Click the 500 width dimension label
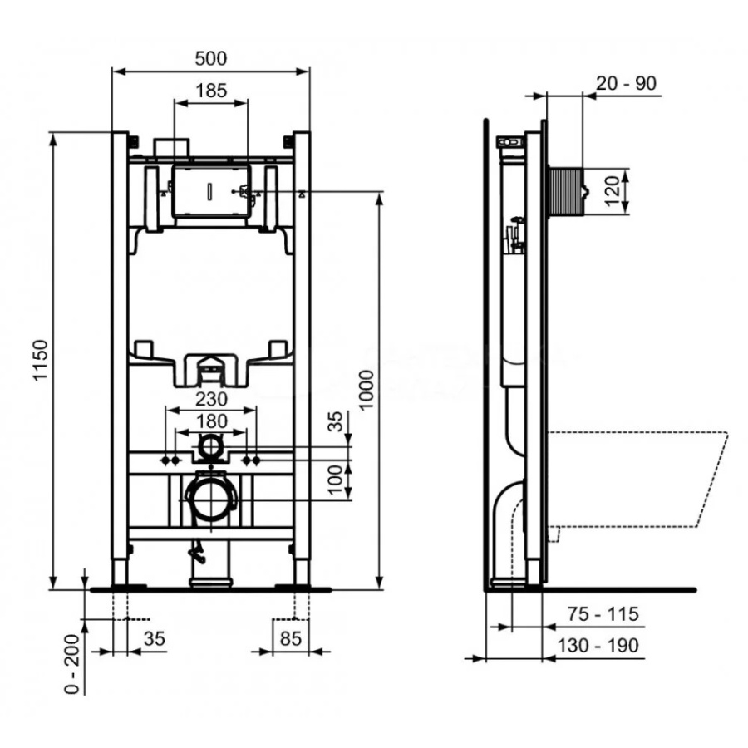[x=211, y=58]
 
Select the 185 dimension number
[x=211, y=91]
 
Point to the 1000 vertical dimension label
[x=367, y=389]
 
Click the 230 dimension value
[x=212, y=399]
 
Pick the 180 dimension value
[x=212, y=421]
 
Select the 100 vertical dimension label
[x=337, y=480]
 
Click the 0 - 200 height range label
[x=72, y=663]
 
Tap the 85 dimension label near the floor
[x=291, y=637]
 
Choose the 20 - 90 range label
[x=627, y=83]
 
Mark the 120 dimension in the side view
[x=614, y=191]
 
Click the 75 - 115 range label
[x=603, y=614]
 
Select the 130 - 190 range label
[x=598, y=646]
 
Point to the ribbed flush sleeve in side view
[x=566, y=191]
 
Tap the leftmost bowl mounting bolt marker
[x=165, y=460]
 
